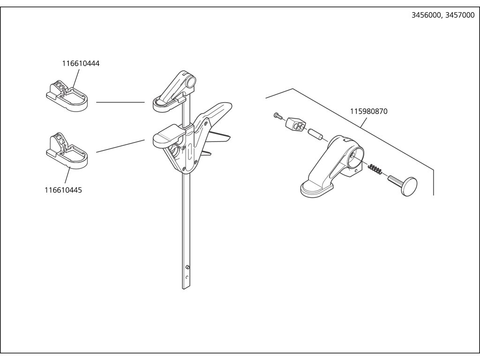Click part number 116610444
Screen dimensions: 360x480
81,63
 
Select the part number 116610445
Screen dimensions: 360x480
63,190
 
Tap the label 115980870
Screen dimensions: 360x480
369,112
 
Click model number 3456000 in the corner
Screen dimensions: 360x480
426,15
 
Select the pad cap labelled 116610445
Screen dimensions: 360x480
67,150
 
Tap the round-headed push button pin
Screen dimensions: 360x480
404,185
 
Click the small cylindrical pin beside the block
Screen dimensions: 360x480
314,134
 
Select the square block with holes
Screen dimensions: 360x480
295,124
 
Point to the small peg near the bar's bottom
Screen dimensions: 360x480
187,268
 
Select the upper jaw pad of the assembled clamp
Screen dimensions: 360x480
165,104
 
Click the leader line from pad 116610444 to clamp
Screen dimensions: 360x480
120,102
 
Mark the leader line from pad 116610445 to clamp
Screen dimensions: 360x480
120,146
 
